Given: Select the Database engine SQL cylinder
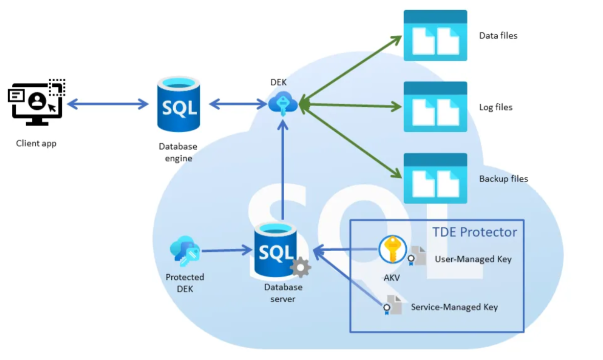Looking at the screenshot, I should click(x=178, y=104).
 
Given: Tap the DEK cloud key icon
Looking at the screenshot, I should click(x=283, y=104).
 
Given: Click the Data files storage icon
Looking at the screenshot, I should click(x=435, y=36).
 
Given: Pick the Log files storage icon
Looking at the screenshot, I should click(x=435, y=107).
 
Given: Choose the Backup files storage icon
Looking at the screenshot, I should click(x=435, y=178).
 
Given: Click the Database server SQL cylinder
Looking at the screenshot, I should click(x=276, y=251).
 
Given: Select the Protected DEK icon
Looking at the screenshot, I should click(x=184, y=251).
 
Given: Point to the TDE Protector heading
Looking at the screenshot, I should click(x=474, y=232).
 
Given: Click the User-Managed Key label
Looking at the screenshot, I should click(x=473, y=259).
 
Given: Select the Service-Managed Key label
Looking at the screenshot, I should click(x=454, y=307).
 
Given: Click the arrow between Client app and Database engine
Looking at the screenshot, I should click(x=108, y=104).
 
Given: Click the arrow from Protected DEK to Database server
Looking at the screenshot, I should click(x=227, y=250).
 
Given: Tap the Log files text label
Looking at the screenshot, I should click(x=495, y=107).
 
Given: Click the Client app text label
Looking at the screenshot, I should click(x=36, y=143).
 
